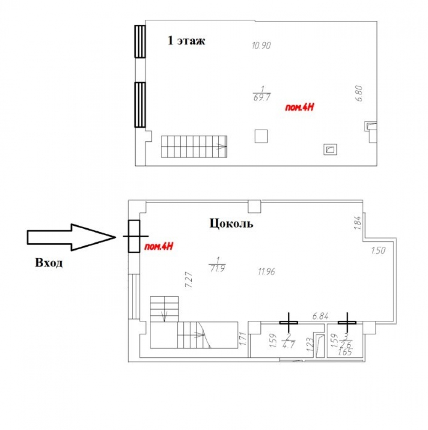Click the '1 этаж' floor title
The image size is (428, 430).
(186, 41)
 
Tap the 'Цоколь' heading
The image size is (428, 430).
(231, 224)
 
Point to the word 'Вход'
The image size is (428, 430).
(49, 263)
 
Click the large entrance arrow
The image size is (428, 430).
(71, 237)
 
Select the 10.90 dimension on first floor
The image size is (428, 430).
(261, 45)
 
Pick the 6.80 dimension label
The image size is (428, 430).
(359, 93)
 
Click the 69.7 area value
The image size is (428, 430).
(262, 97)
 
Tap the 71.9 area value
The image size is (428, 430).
(217, 268)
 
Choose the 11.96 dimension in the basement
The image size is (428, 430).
(266, 272)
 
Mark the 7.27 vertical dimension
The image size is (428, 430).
(189, 280)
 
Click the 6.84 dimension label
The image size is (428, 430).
(320, 316)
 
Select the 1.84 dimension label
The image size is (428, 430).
(357, 223)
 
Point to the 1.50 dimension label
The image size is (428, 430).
(378, 251)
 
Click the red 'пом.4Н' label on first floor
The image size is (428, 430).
(300, 107)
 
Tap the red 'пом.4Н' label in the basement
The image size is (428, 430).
(159, 246)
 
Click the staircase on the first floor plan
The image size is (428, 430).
(194, 147)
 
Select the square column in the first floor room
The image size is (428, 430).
(261, 136)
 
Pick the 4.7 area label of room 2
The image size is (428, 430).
(288, 345)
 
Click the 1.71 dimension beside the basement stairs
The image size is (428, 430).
(243, 339)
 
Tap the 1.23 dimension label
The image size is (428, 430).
(310, 345)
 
